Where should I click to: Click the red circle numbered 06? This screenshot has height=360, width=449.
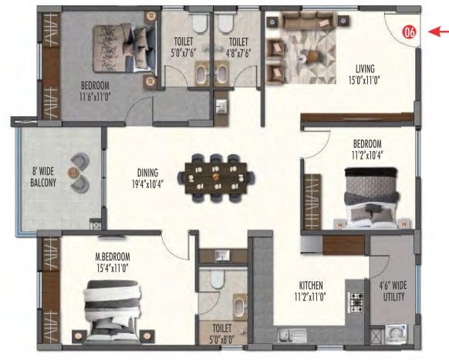[x=409, y=32]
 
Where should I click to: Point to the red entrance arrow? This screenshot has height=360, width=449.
[x=438, y=32]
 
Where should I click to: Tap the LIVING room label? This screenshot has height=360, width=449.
[x=365, y=69]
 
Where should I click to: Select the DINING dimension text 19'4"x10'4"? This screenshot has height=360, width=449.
[x=148, y=184]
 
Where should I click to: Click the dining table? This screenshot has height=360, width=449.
[x=216, y=178]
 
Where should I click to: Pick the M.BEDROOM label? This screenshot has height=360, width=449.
[x=113, y=256]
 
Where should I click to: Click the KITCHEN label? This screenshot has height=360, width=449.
[x=311, y=285]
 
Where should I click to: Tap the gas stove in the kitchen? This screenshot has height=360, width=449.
[x=356, y=302]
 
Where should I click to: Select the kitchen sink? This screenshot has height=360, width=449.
[x=292, y=335]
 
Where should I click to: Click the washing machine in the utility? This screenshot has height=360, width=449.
[x=397, y=335]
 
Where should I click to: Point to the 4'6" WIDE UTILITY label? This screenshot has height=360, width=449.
[x=393, y=291]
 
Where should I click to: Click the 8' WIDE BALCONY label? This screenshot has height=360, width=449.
[x=43, y=177]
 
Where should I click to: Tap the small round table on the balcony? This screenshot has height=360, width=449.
[x=73, y=172]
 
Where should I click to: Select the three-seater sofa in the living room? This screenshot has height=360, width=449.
[x=309, y=21]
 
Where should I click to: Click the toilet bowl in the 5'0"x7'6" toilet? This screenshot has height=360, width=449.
[x=199, y=24]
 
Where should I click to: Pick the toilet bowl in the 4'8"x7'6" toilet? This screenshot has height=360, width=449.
[x=225, y=24]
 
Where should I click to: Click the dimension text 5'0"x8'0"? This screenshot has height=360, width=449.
[x=222, y=340]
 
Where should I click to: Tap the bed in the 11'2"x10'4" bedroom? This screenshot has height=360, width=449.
[x=371, y=198]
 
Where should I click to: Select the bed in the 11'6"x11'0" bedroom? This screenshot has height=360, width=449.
[x=124, y=49]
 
